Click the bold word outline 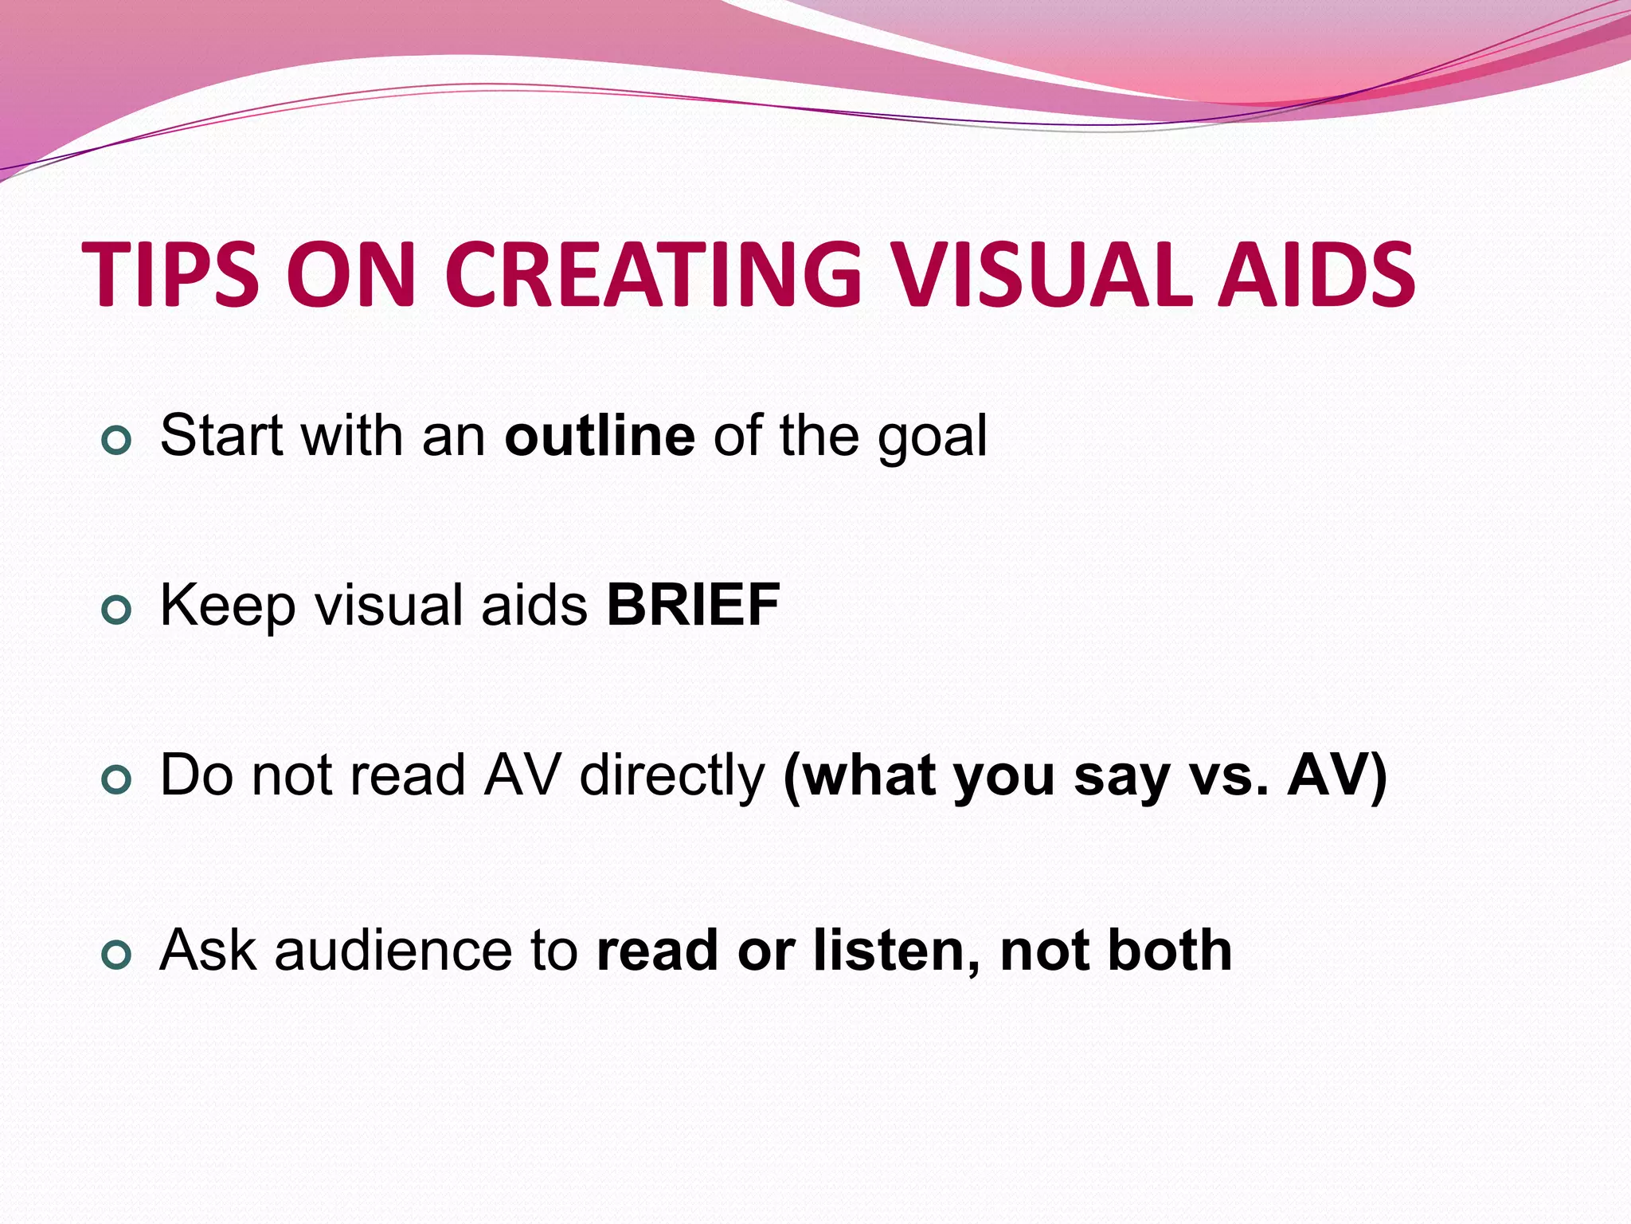tap(600, 436)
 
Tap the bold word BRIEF tap(693, 605)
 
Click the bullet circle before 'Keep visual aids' tap(116, 610)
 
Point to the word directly tap(671, 775)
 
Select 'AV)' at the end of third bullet tap(1337, 775)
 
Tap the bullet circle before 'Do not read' tap(116, 781)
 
